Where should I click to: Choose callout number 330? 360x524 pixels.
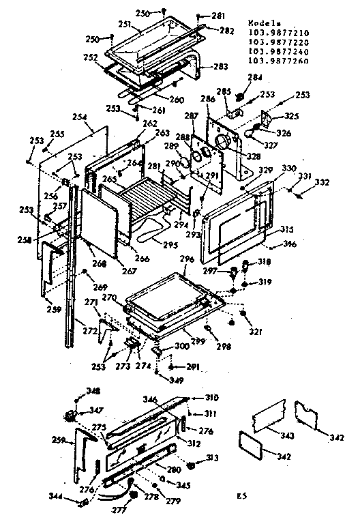pos(289,169)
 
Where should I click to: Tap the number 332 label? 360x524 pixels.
pos(322,181)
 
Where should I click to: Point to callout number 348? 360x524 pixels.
pos(93,391)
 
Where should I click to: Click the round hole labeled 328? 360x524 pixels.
pos(223,142)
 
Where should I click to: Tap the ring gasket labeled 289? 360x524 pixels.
pos(194,155)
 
